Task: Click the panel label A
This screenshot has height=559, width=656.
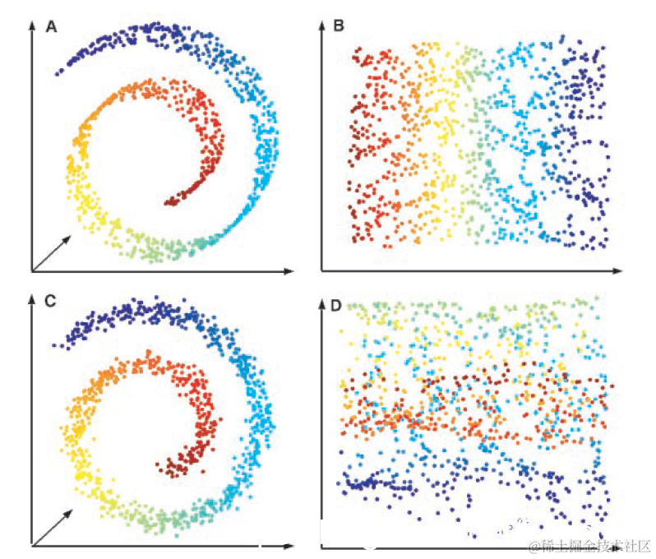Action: point(51,27)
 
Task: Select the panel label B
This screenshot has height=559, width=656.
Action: point(339,27)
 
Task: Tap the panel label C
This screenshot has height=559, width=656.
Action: point(51,301)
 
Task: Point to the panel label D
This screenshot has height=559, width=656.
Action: point(335,306)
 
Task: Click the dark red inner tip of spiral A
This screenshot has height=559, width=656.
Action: point(168,201)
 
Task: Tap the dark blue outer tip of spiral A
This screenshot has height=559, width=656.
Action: point(58,74)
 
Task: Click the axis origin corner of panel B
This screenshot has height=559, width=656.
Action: point(321,270)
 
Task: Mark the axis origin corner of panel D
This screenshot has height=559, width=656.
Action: point(321,546)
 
